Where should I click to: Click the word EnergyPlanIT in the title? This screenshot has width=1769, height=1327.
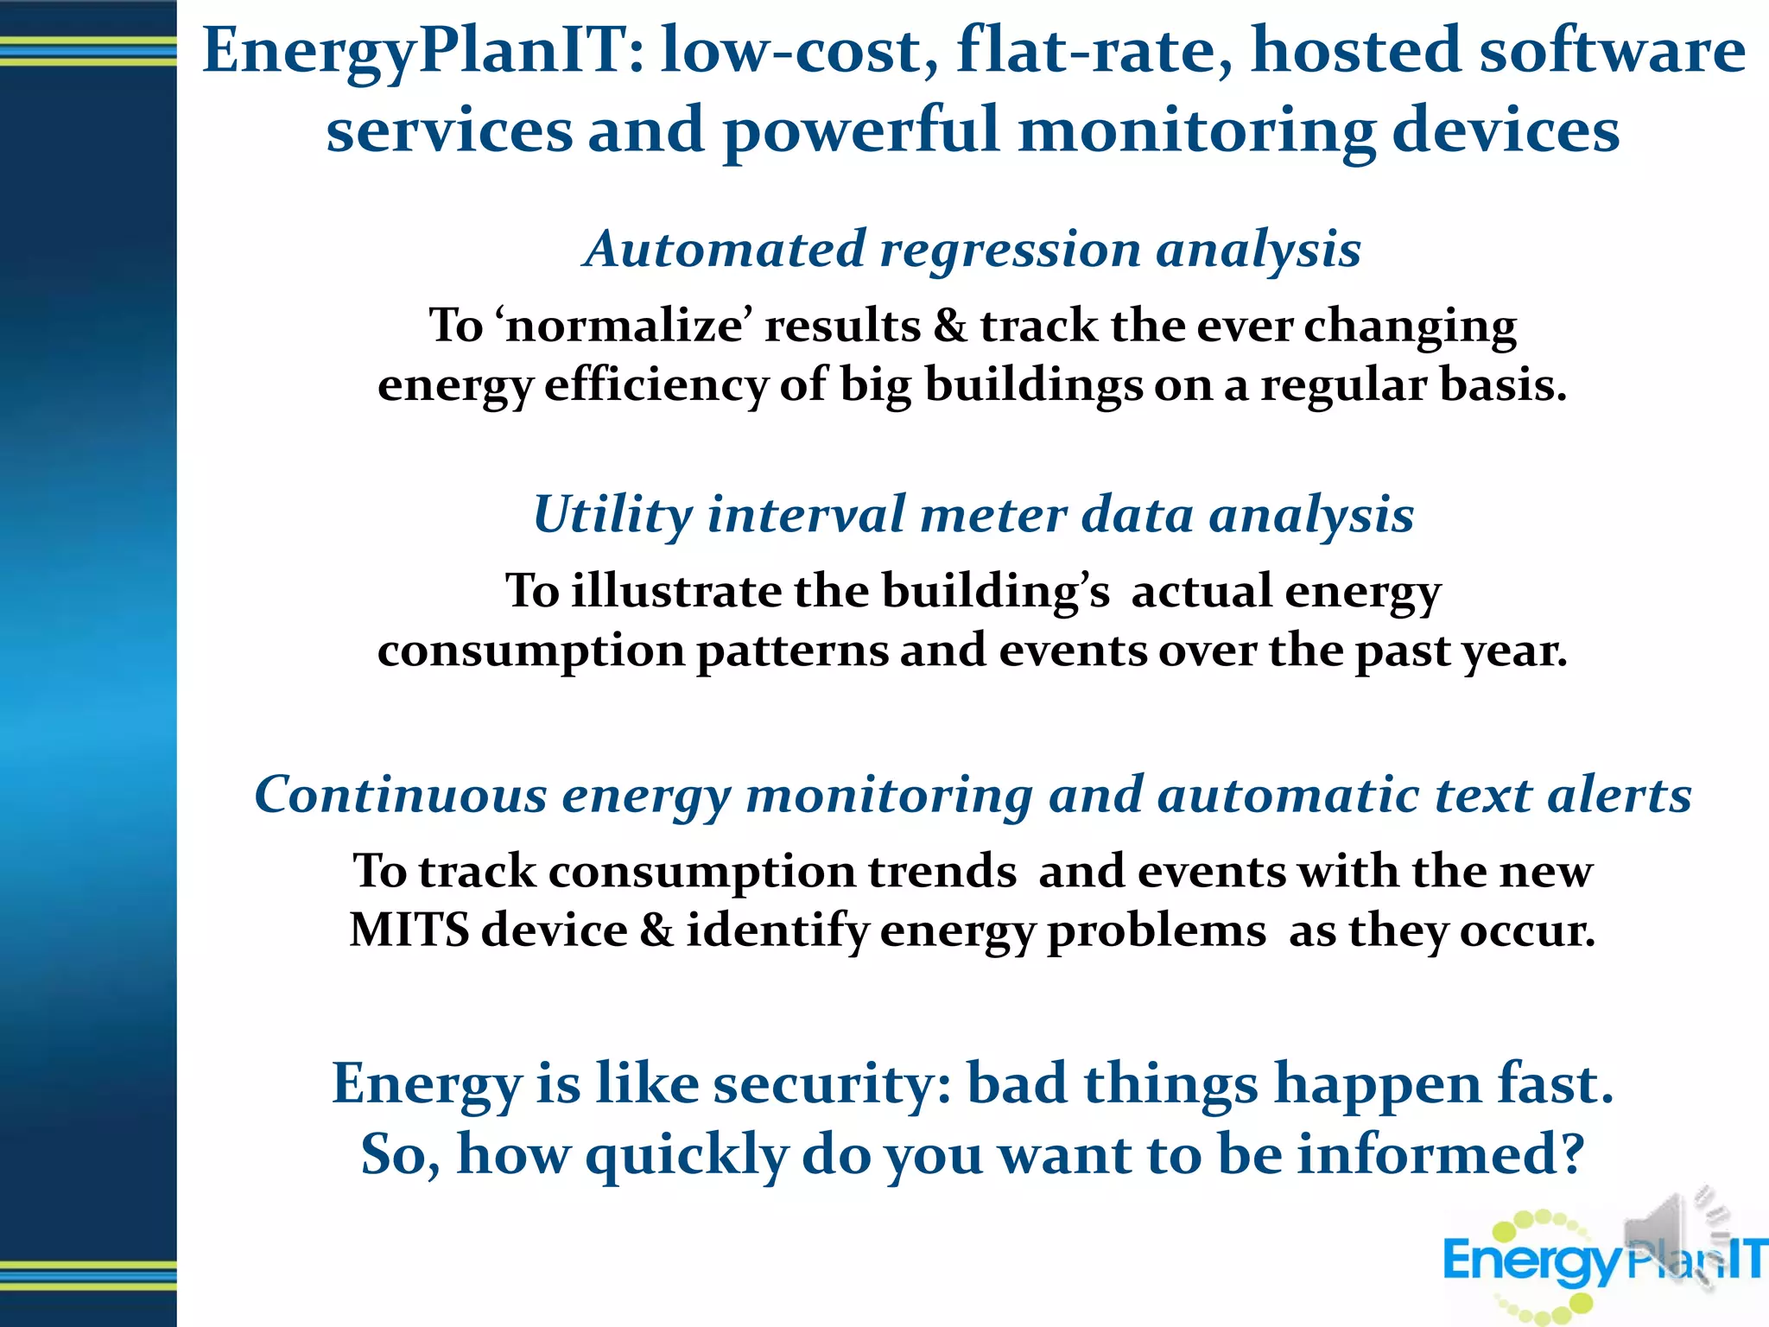coord(415,52)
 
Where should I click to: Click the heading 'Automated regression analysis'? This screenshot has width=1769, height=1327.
coord(973,250)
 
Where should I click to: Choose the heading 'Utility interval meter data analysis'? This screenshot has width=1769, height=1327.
coord(973,515)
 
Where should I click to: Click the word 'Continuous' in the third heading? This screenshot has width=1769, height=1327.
coord(401,795)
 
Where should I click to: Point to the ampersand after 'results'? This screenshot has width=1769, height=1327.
coord(950,327)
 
